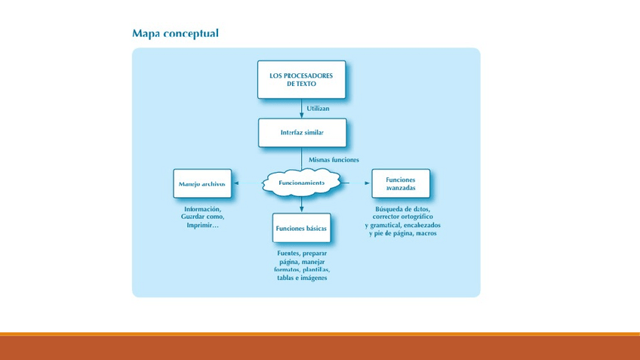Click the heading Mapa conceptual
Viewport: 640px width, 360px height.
tap(175, 33)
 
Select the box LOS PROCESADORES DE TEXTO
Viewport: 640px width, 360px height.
tap(301, 79)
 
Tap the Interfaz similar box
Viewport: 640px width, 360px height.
tap(302, 132)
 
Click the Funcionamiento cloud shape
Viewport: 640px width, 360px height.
tap(302, 183)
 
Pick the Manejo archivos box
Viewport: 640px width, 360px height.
tap(202, 184)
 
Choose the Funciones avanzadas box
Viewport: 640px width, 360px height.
tap(400, 183)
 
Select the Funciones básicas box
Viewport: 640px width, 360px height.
tap(302, 228)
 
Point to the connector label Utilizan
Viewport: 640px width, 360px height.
tap(318, 108)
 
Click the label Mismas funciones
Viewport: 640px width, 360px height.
tap(334, 160)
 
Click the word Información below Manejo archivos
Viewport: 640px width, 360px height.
tap(202, 208)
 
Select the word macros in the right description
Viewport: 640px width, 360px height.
tap(426, 234)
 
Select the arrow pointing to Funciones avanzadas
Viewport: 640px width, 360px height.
tap(356, 183)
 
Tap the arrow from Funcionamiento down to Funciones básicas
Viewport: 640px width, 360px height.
tap(302, 205)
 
